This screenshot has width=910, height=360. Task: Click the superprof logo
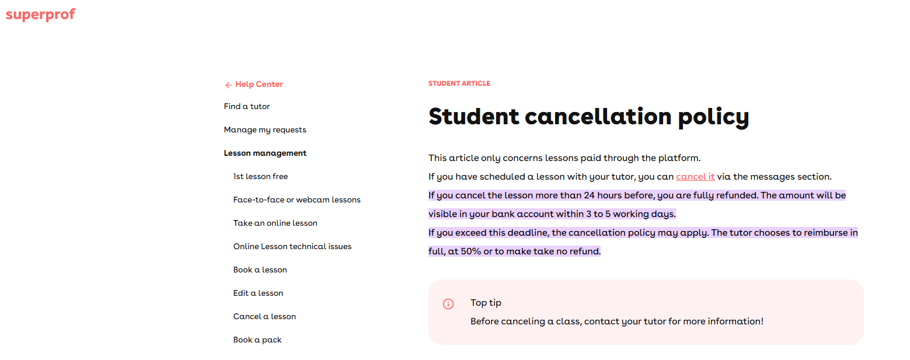point(40,15)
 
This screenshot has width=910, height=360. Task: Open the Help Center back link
point(259,85)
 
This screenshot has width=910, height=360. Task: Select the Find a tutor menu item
point(247,107)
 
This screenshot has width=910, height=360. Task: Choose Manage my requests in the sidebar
point(265,130)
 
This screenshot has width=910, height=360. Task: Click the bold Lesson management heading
point(265,153)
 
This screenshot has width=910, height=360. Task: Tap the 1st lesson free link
point(260,177)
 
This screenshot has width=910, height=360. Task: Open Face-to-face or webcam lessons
point(297,200)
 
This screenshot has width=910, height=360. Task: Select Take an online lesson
point(275,223)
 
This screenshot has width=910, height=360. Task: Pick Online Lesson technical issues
point(292,247)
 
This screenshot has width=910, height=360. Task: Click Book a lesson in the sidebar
point(260,270)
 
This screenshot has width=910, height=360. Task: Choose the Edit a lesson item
point(258,293)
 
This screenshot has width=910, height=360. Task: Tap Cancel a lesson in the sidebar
point(264,317)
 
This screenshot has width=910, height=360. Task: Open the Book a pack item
point(257,340)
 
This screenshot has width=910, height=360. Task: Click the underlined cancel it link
point(695,177)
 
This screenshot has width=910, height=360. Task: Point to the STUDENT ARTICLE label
point(459,84)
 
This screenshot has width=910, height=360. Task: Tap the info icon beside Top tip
point(448,304)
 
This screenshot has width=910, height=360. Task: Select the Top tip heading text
point(486,303)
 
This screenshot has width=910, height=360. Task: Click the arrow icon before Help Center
point(228,85)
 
